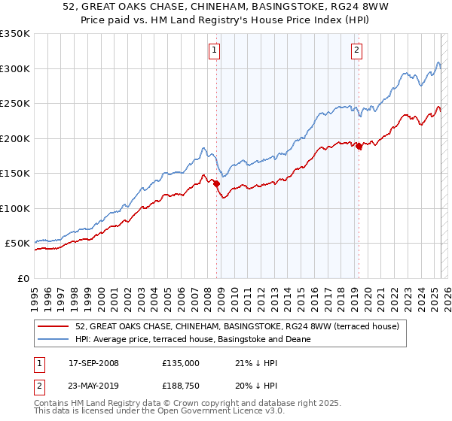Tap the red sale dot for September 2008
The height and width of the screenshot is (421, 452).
click(x=216, y=183)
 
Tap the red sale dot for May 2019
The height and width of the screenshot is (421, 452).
click(x=359, y=147)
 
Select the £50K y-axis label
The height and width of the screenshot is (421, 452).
click(x=17, y=244)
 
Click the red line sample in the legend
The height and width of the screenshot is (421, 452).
click(x=54, y=327)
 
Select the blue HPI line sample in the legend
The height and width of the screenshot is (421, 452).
click(x=54, y=339)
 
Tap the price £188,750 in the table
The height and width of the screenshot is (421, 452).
click(x=180, y=386)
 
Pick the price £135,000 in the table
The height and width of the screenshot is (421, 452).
click(x=180, y=362)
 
